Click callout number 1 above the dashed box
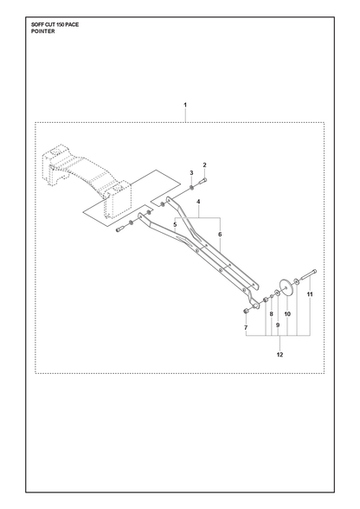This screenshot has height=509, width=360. pos(185,105)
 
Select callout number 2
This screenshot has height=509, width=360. pos(204,164)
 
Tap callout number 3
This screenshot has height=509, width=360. pos(191,172)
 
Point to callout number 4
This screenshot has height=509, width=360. pos(198,202)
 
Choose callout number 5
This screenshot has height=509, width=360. pos(175,224)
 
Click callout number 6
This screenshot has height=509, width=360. pos(220,234)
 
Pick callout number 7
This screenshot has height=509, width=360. pos(246,327)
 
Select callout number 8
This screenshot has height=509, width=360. pos(272,314)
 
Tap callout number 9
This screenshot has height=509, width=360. pos(278,325)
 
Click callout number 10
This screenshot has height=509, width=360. pos(287,314)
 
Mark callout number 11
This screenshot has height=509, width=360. pos(310,294)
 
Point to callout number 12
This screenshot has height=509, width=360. pos(280,355)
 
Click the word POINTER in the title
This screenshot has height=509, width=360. pos(43,31)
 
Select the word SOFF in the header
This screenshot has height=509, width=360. pos(37,24)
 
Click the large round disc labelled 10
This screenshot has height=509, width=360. pos(286,287)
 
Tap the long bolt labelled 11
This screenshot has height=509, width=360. pos(309,274)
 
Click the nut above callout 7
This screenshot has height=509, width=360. pos(246,312)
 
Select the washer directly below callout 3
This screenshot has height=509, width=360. pos(191,187)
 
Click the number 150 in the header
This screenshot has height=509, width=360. pos(63,24)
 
